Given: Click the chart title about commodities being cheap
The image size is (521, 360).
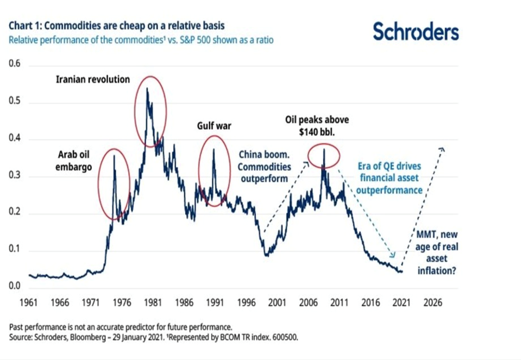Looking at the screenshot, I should (x=116, y=26).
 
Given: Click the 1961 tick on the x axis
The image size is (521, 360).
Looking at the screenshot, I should (x=28, y=302).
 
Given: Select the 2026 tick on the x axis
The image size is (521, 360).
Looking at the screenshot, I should (x=434, y=302).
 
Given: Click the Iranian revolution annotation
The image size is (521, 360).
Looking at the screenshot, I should (x=93, y=79).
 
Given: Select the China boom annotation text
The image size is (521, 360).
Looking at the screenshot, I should (x=265, y=166).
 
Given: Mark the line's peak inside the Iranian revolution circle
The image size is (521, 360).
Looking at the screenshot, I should (x=147, y=87).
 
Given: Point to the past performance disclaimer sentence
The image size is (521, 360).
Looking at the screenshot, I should (x=121, y=328).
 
